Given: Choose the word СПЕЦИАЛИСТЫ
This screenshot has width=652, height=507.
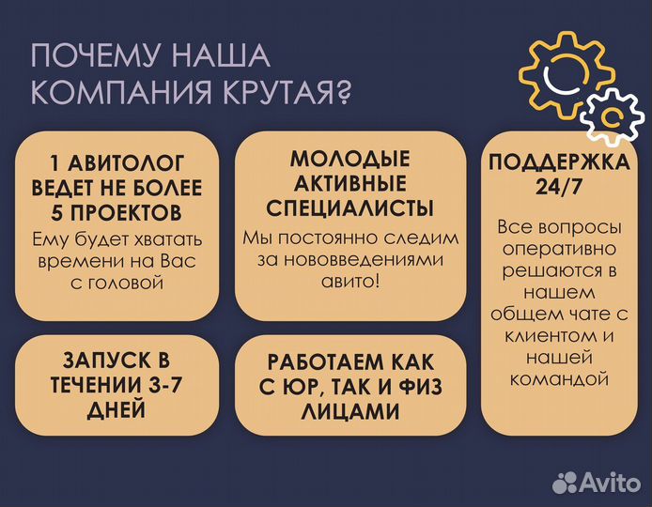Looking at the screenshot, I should pyautogui.click(x=349, y=207).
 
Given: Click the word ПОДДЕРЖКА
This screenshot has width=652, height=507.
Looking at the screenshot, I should pyautogui.click(x=559, y=161).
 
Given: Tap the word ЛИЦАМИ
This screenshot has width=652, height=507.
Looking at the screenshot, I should pyautogui.click(x=349, y=411).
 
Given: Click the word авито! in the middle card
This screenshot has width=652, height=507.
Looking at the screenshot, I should pyautogui.click(x=349, y=281).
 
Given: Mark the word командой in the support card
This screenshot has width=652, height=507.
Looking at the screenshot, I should pyautogui.click(x=558, y=378).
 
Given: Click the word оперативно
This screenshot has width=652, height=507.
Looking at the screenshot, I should pyautogui.click(x=558, y=251).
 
